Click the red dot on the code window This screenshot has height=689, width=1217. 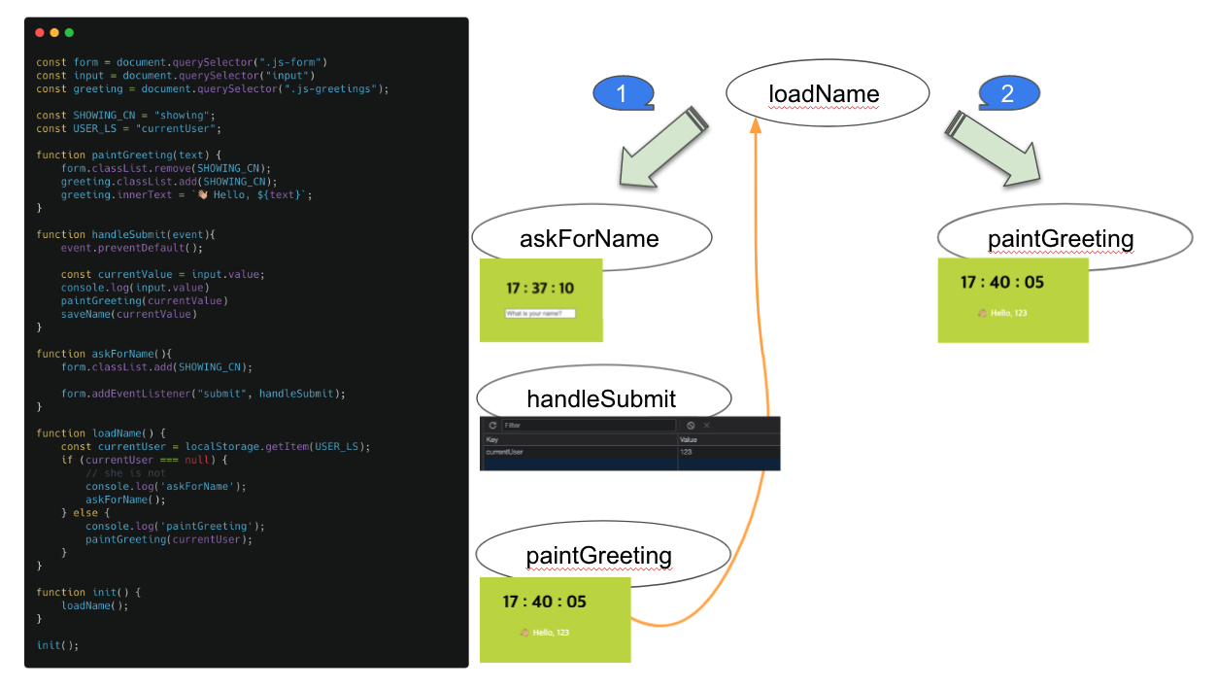click(40, 33)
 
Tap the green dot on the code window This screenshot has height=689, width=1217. click(69, 33)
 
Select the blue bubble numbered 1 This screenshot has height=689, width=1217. click(623, 93)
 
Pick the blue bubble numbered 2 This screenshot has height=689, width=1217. click(1008, 93)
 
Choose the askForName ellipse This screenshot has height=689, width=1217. click(592, 238)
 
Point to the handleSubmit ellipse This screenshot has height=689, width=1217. click(602, 398)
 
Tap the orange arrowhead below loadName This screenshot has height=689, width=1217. click(755, 127)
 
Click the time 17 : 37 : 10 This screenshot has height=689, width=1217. click(539, 289)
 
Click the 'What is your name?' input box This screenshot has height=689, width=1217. click(540, 313)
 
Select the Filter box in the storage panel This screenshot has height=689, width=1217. click(588, 426)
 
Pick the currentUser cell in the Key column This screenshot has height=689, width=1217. click(505, 452)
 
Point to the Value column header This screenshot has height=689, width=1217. click(689, 439)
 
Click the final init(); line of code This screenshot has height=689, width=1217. click(57, 645)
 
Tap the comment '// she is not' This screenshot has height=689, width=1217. click(125, 473)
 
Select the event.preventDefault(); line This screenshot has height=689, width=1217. click(127, 248)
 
